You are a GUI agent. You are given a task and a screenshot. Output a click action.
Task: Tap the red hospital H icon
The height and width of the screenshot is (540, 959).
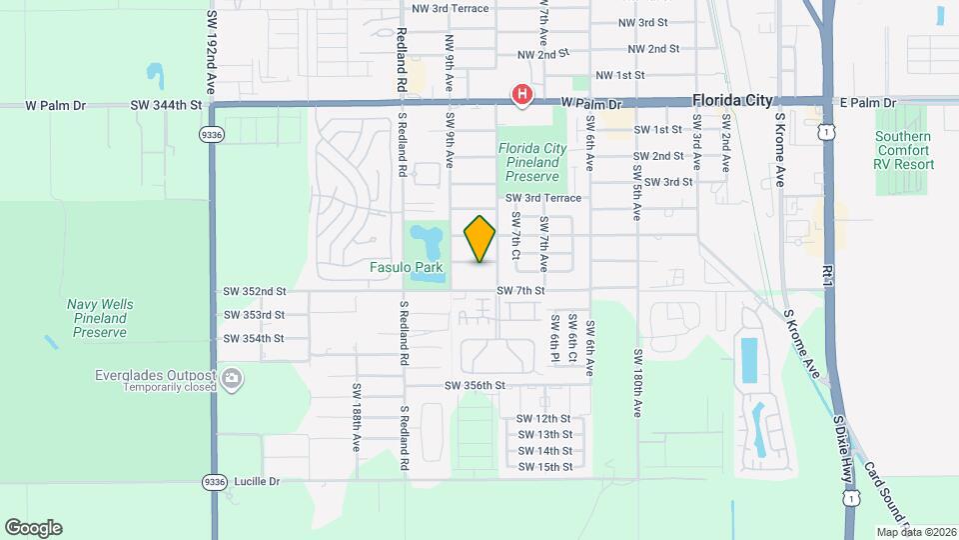click(520, 95)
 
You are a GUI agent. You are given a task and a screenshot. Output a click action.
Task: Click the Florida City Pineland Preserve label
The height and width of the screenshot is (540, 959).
click(532, 162)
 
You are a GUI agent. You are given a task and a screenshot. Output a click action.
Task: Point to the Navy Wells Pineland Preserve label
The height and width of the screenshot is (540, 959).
click(100, 318)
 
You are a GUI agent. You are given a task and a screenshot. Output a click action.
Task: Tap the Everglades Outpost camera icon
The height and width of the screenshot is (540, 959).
click(233, 378)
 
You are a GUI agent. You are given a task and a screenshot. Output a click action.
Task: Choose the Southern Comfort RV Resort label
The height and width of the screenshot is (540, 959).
click(904, 150)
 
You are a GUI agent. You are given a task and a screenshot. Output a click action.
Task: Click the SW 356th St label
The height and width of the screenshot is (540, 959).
click(476, 386)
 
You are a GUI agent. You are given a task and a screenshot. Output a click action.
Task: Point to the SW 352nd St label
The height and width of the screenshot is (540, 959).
click(255, 292)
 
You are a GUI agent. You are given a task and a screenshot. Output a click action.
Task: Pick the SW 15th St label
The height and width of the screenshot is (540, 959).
click(544, 467)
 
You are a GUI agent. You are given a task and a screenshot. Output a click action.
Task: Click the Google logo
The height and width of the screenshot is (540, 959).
click(33, 528)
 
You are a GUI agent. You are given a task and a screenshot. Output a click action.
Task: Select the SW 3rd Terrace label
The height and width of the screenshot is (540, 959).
click(542, 199)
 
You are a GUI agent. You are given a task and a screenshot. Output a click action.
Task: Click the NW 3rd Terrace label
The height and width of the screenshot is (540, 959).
click(451, 9)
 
